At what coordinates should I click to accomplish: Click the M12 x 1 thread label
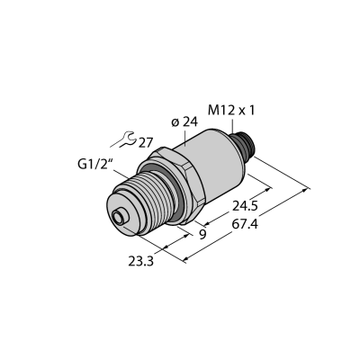coord(231,111)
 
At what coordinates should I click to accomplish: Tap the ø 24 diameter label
coord(184,122)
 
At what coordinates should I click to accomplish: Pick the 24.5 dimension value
coord(245,206)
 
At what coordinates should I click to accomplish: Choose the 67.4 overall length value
coord(245,224)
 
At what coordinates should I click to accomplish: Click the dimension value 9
coord(202,234)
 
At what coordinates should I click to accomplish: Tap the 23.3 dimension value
coord(141,262)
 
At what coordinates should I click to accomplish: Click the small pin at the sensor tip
coord(120,217)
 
